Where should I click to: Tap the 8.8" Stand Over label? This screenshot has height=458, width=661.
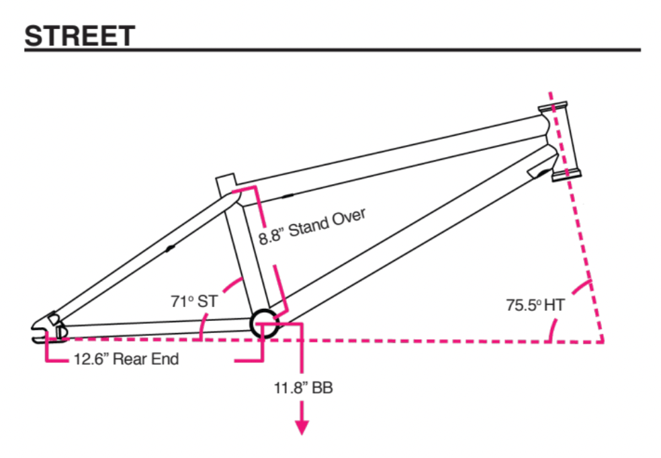pyautogui.click(x=312, y=226)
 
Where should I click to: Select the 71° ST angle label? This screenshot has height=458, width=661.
pyautogui.click(x=194, y=302)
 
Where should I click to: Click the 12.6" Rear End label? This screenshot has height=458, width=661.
pyautogui.click(x=126, y=359)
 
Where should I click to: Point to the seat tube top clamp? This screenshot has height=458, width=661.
pyautogui.click(x=225, y=183)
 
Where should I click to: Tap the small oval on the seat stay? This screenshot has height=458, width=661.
pyautogui.click(x=170, y=248)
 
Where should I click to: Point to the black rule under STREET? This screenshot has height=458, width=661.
pyautogui.click(x=332, y=50)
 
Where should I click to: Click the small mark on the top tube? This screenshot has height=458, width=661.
pyautogui.click(x=288, y=197)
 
